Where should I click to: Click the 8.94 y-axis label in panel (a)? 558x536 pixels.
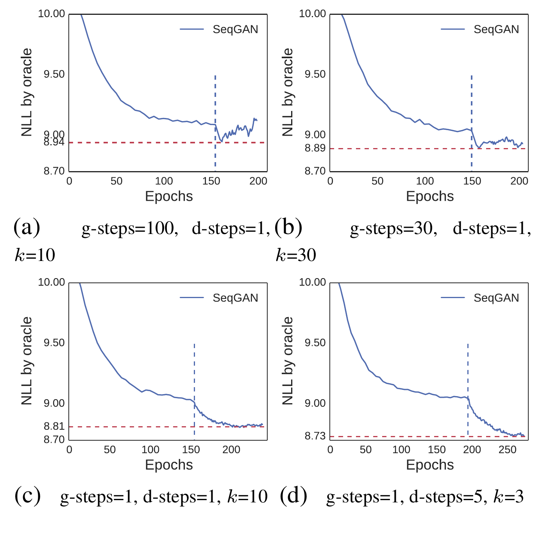tap(54, 143)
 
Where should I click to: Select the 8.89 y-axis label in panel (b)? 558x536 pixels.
tap(315, 148)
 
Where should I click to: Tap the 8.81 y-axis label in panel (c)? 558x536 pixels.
tap(54, 427)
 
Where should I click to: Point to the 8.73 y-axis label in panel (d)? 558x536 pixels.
tap(315, 436)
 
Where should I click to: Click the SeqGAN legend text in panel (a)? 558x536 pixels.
tap(235, 29)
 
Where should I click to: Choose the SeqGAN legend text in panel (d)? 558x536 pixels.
tap(496, 298)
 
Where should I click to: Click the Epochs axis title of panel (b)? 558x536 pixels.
tap(430, 196)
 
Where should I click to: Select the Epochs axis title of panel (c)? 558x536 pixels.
tap(169, 465)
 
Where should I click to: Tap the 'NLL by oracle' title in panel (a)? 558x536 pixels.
tap(27, 93)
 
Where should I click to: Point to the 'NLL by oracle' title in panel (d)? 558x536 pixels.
tap(288, 361)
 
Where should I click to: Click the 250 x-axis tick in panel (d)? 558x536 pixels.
tap(508, 450)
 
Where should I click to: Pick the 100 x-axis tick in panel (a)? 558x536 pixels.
tap(164, 181)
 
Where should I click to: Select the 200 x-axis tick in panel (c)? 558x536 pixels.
tap(231, 450)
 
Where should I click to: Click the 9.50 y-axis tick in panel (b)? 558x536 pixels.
tap(315, 74)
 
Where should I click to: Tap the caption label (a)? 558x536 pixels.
tap(27, 228)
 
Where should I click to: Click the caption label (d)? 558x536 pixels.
tap(294, 496)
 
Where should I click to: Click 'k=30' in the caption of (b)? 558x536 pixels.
tap(296, 255)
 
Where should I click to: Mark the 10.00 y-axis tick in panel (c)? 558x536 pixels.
tap(51, 282)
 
